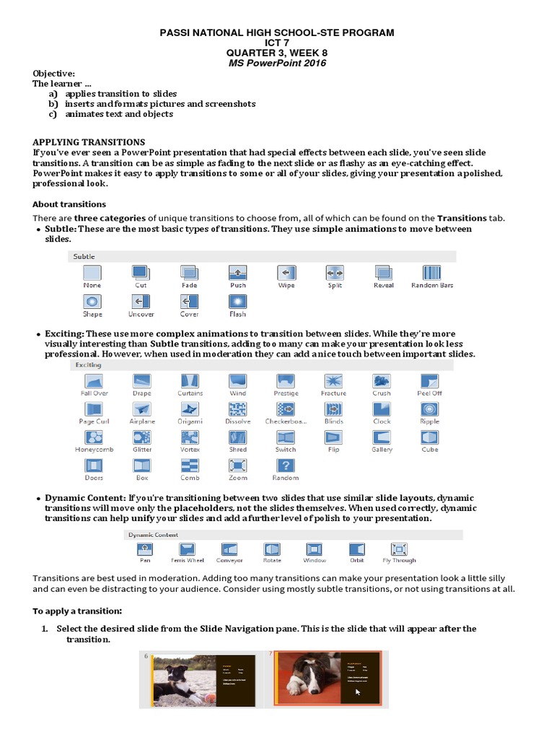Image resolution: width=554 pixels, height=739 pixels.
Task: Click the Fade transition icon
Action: pos(189,273)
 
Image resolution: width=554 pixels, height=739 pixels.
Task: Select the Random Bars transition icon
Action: pos(432,273)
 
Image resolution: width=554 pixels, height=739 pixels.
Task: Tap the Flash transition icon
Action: pos(238,301)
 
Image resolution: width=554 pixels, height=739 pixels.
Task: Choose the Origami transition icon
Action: pos(190,408)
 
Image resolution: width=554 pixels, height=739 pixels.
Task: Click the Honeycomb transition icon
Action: pos(93,437)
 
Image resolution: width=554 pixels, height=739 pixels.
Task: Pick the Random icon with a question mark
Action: pos(286,465)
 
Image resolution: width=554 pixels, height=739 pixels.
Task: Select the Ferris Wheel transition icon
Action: pos(188,549)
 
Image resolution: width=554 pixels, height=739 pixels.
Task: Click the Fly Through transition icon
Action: pos(399,549)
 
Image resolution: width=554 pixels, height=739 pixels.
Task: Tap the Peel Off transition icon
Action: pos(429,380)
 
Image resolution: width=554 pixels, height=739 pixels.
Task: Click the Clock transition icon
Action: pos(382,408)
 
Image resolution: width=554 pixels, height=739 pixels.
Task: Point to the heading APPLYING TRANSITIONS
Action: pos(89,142)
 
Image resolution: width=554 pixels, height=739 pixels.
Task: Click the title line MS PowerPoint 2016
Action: pos(277,63)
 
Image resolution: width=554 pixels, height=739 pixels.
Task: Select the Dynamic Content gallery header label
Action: pos(153,535)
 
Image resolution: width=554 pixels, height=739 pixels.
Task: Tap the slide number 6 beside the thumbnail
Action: pos(146,656)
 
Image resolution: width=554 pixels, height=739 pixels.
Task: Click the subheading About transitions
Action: pos(69,204)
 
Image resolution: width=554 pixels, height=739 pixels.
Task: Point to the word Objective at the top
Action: pos(53,74)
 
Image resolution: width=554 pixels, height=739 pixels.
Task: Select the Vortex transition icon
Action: pos(190,437)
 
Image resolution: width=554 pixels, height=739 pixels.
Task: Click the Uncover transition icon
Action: pos(141,301)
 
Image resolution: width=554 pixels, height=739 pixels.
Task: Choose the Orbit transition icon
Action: pos(356,549)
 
